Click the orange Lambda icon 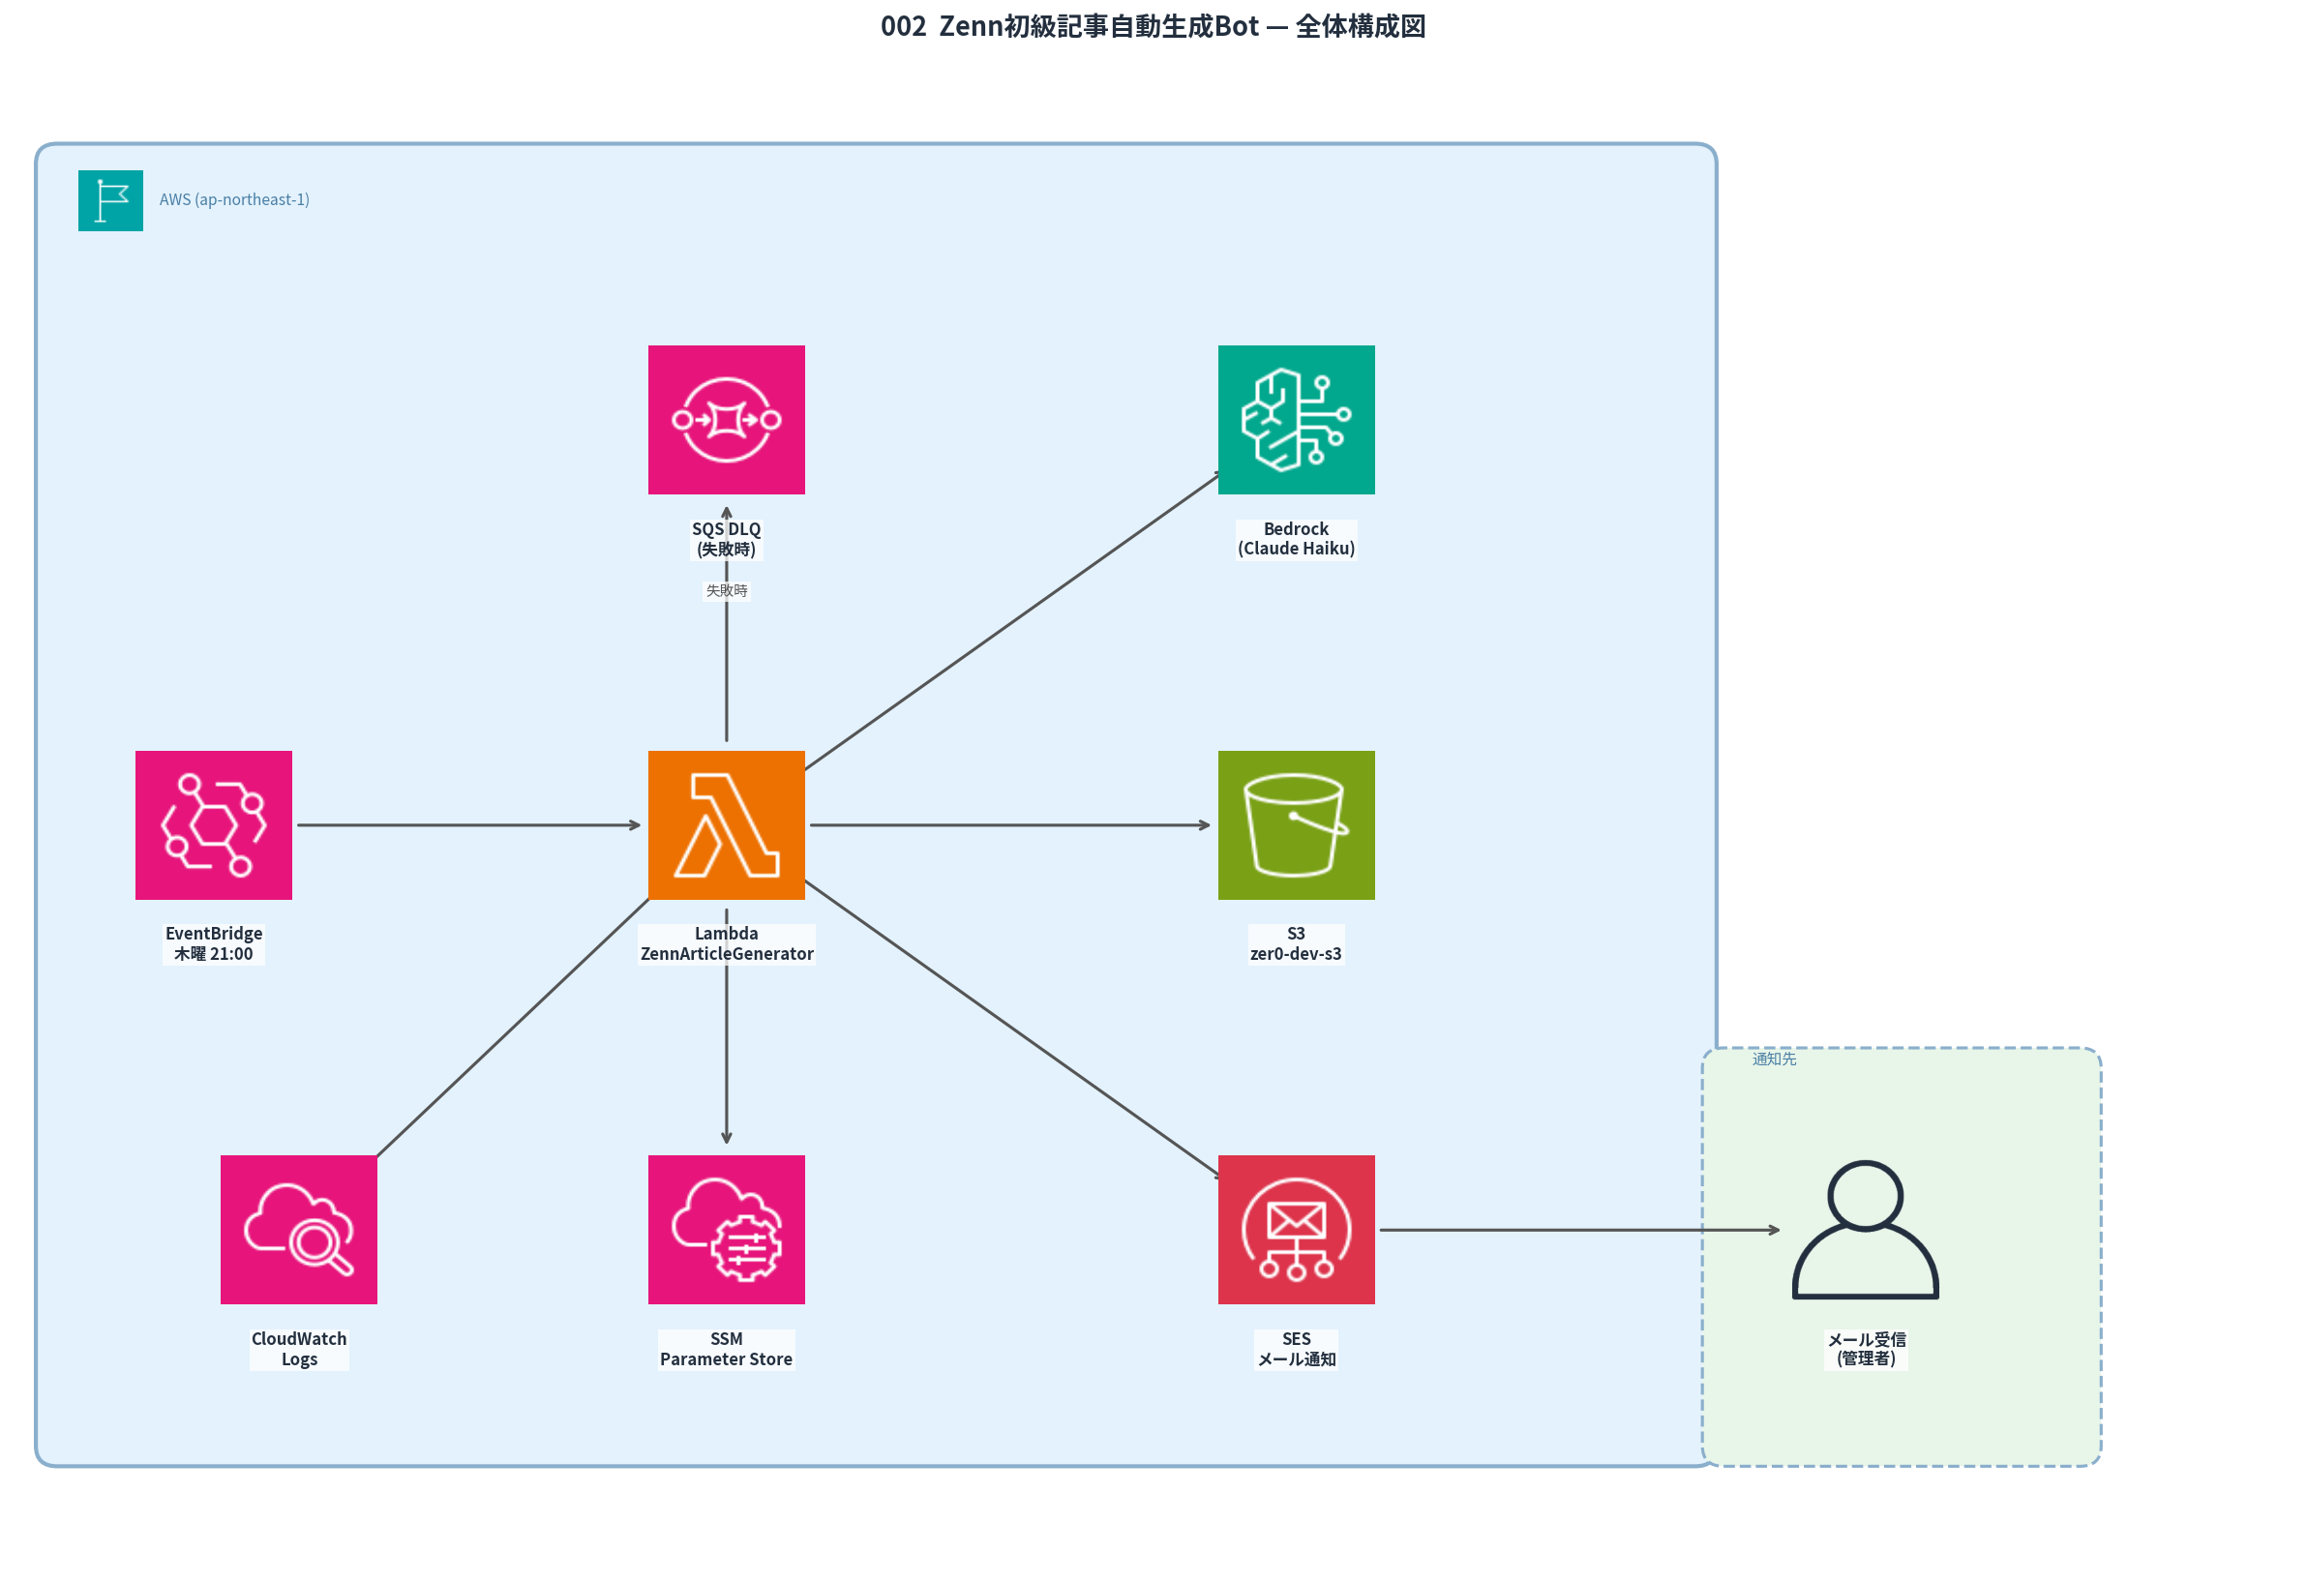pyautogui.click(x=726, y=824)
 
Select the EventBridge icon pyautogui.click(x=214, y=824)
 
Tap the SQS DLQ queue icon pyautogui.click(x=726, y=419)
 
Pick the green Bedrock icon pyautogui.click(x=1296, y=419)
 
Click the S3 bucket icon pyautogui.click(x=1296, y=824)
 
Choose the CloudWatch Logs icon pyautogui.click(x=299, y=1229)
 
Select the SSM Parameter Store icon pyautogui.click(x=726, y=1229)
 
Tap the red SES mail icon pyautogui.click(x=1296, y=1229)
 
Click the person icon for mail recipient pyautogui.click(x=1865, y=1229)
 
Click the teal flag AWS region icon pyautogui.click(x=110, y=199)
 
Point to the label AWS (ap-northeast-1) pyautogui.click(x=234, y=199)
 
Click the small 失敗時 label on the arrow pyautogui.click(x=726, y=590)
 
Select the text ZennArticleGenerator pyautogui.click(x=726, y=953)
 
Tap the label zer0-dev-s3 pyautogui.click(x=1295, y=953)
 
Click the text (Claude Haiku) pyautogui.click(x=1296, y=549)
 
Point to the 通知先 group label pyautogui.click(x=1774, y=1059)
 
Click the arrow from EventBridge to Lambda pyautogui.click(x=466, y=824)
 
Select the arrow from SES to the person pyautogui.click(x=1579, y=1230)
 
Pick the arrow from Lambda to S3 pyautogui.click(x=1008, y=824)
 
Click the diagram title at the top pyautogui.click(x=1152, y=26)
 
